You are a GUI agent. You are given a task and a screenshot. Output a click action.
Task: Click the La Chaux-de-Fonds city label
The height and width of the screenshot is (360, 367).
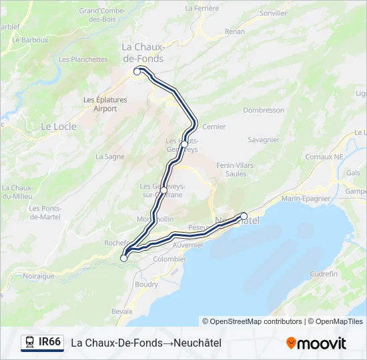point(142,52)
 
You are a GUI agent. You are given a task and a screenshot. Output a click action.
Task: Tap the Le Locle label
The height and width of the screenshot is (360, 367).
point(59,126)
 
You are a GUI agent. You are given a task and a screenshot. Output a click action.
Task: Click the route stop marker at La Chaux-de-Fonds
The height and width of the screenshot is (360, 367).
point(137,71)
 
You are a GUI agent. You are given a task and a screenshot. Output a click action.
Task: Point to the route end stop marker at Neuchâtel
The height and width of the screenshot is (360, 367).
point(244,215)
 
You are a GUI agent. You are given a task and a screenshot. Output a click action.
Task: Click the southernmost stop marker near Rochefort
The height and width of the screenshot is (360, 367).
point(123,258)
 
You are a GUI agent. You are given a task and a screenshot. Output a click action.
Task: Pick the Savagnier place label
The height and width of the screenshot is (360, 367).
point(264,140)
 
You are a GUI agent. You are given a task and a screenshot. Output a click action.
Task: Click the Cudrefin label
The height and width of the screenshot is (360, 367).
point(324,273)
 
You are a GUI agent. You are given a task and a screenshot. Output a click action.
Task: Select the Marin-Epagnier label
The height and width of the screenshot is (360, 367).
point(306,198)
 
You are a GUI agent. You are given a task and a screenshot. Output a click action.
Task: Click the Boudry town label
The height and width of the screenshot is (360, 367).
point(147,284)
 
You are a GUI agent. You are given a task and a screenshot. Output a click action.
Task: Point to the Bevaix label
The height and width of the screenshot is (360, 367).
point(122,311)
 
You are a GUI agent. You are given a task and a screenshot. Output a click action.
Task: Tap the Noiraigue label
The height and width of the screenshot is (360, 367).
point(39,275)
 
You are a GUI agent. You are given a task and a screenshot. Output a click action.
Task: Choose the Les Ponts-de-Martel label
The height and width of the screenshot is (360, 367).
point(45,213)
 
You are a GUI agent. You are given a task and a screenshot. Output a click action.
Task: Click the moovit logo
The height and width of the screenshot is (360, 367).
point(316,343)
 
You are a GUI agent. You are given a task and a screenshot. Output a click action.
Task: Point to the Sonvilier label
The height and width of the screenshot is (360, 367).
point(274,13)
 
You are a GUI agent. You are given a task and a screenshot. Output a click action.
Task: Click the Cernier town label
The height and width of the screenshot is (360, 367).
point(214,126)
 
